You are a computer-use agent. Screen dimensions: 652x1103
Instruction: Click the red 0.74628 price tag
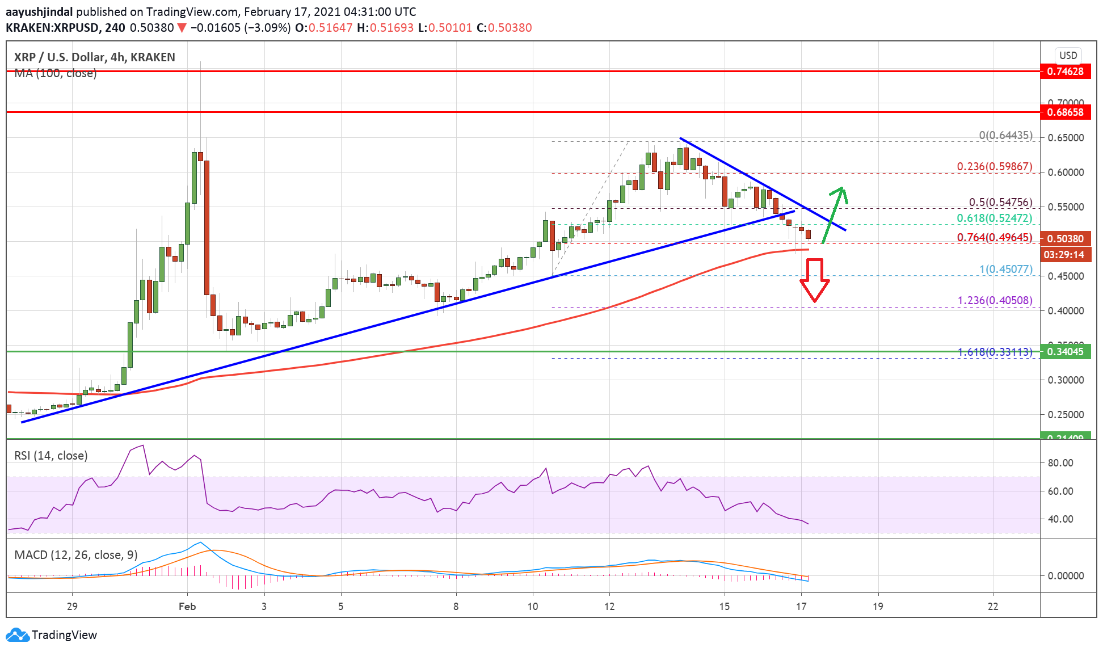point(1065,71)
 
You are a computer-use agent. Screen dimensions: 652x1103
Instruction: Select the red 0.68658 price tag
point(1065,112)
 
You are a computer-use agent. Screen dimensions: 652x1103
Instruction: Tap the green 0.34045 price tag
point(1065,352)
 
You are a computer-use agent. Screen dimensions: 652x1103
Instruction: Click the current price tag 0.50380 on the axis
point(1065,239)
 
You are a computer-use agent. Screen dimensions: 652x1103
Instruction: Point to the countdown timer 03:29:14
point(1064,255)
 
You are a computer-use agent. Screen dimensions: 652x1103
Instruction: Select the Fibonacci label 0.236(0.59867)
point(994,167)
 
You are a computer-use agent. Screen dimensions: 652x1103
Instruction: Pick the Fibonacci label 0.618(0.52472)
point(994,218)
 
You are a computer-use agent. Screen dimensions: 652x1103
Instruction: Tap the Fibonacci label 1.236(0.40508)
point(995,301)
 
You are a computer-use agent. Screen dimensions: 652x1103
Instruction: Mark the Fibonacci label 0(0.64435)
point(1005,136)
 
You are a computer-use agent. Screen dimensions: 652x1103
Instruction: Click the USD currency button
point(1068,56)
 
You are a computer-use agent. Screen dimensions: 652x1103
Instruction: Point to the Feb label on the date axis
point(187,607)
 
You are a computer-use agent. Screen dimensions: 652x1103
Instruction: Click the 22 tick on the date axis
point(992,607)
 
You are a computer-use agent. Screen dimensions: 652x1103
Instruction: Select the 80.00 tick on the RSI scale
point(1060,463)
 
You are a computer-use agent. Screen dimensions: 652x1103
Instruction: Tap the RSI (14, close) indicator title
point(51,456)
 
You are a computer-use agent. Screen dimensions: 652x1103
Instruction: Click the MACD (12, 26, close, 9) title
point(76,555)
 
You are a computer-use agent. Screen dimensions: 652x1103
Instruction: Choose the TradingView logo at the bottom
point(52,635)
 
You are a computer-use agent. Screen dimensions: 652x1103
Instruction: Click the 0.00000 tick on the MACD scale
point(1065,576)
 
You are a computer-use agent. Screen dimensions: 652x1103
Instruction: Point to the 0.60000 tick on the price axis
point(1065,173)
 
